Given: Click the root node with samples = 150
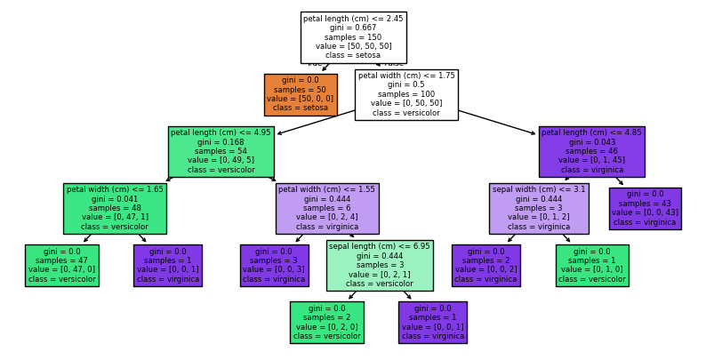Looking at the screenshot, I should point(353,37).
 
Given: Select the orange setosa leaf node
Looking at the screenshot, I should point(301,94).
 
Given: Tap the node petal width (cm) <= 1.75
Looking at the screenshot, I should point(405,94).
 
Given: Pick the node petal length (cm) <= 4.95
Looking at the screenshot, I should point(221,151).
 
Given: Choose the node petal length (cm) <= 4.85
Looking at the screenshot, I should point(591,151).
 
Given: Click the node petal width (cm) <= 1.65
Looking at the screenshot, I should point(115,208).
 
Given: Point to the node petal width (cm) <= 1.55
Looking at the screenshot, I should point(326,208).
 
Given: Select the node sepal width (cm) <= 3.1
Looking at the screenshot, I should point(539,208).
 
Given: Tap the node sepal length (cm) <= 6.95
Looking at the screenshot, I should point(380,265).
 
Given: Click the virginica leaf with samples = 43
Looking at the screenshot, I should point(645,208).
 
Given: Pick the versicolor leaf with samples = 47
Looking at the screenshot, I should point(61,265).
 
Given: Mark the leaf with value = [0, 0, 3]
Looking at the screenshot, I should point(274,265).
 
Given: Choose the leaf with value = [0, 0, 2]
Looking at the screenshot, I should point(485,265).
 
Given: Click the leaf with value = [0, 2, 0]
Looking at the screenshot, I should point(326,322).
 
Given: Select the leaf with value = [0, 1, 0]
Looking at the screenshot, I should point(592,265).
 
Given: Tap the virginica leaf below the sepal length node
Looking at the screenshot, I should point(432,322).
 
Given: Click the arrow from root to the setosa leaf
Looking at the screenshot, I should point(326,68).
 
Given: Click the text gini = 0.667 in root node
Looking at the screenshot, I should point(353,28).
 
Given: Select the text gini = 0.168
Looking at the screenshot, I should point(221,141).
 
